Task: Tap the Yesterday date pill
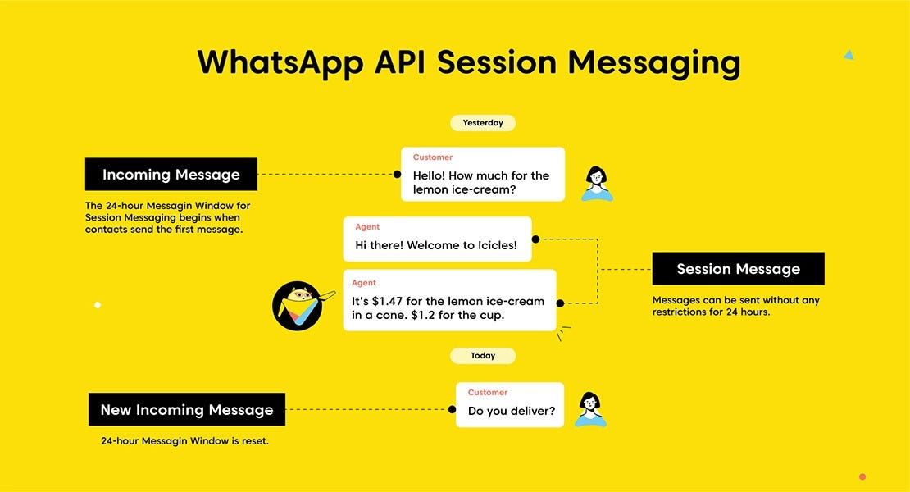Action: [483, 123]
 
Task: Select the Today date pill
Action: [483, 356]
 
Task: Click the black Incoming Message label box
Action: [171, 175]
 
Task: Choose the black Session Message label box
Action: [738, 269]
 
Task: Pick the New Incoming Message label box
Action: [187, 410]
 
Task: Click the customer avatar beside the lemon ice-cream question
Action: [597, 183]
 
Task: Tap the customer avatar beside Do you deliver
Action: [589, 408]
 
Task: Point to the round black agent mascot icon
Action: [297, 306]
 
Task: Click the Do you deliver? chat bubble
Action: [510, 405]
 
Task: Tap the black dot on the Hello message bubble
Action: [397, 175]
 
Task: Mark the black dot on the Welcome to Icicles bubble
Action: [535, 239]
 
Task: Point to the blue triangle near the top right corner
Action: [849, 55]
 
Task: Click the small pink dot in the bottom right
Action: [862, 476]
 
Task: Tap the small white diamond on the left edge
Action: [97, 305]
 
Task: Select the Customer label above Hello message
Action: [432, 157]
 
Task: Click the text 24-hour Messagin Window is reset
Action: [184, 441]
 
